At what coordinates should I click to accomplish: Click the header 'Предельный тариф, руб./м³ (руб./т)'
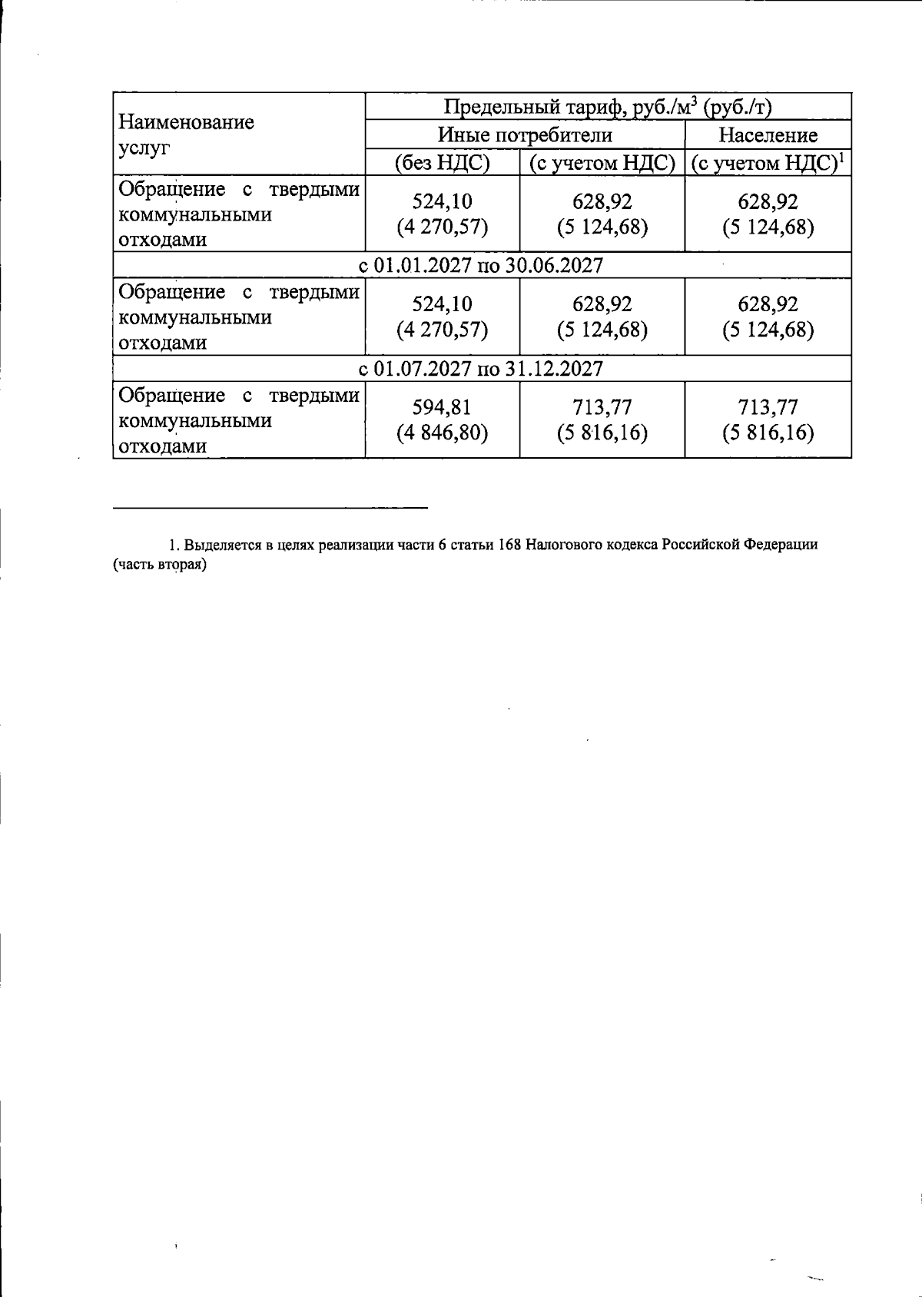pyautogui.click(x=607, y=107)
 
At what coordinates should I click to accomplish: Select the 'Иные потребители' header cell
pyautogui.click(x=525, y=135)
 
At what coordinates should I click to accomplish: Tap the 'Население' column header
pyautogui.click(x=768, y=135)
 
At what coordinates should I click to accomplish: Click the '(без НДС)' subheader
pyautogui.click(x=442, y=163)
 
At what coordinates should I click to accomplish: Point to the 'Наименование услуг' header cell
pyautogui.click(x=187, y=134)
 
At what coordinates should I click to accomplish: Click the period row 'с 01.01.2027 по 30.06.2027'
pyautogui.click(x=482, y=265)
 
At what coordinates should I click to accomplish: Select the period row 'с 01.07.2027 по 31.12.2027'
pyautogui.click(x=482, y=368)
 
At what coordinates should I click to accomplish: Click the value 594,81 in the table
pyautogui.click(x=442, y=407)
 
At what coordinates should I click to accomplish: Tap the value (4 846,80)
pyautogui.click(x=442, y=433)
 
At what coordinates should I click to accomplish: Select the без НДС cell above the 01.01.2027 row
pyautogui.click(x=442, y=214)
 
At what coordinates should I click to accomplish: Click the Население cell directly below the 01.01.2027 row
pyautogui.click(x=768, y=317)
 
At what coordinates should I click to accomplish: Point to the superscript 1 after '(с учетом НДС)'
pyautogui.click(x=841, y=158)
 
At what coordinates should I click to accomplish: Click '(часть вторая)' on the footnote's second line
pyautogui.click(x=161, y=565)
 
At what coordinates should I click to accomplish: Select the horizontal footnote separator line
pyautogui.click(x=270, y=507)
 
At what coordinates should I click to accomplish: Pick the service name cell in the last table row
pyautogui.click(x=238, y=420)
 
